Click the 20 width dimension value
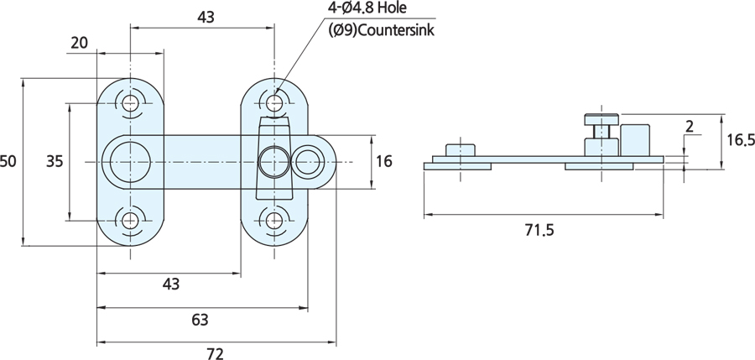[x=80, y=43]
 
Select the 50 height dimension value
[x=8, y=161]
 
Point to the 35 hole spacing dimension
[x=55, y=161]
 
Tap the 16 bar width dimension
[x=383, y=161]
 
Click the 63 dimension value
[x=200, y=320]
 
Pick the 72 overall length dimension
[x=216, y=354]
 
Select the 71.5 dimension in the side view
[x=539, y=231]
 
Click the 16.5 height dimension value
[x=741, y=140]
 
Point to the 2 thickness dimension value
[x=690, y=126]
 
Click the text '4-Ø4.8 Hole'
[x=367, y=8]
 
